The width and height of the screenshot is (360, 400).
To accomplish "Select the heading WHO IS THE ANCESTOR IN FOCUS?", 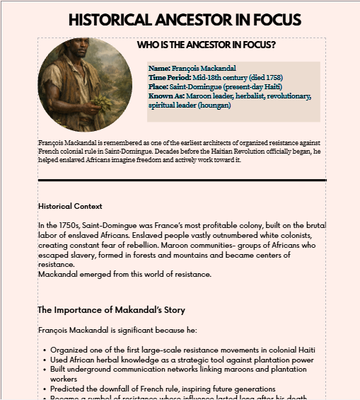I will pos(206,45).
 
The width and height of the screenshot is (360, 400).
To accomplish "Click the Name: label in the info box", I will pos(160,69).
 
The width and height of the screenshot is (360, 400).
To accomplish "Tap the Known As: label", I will pos(166,96).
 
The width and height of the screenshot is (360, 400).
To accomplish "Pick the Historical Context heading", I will pos(70,207).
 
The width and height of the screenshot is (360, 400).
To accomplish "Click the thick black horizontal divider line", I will pos(182,181).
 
